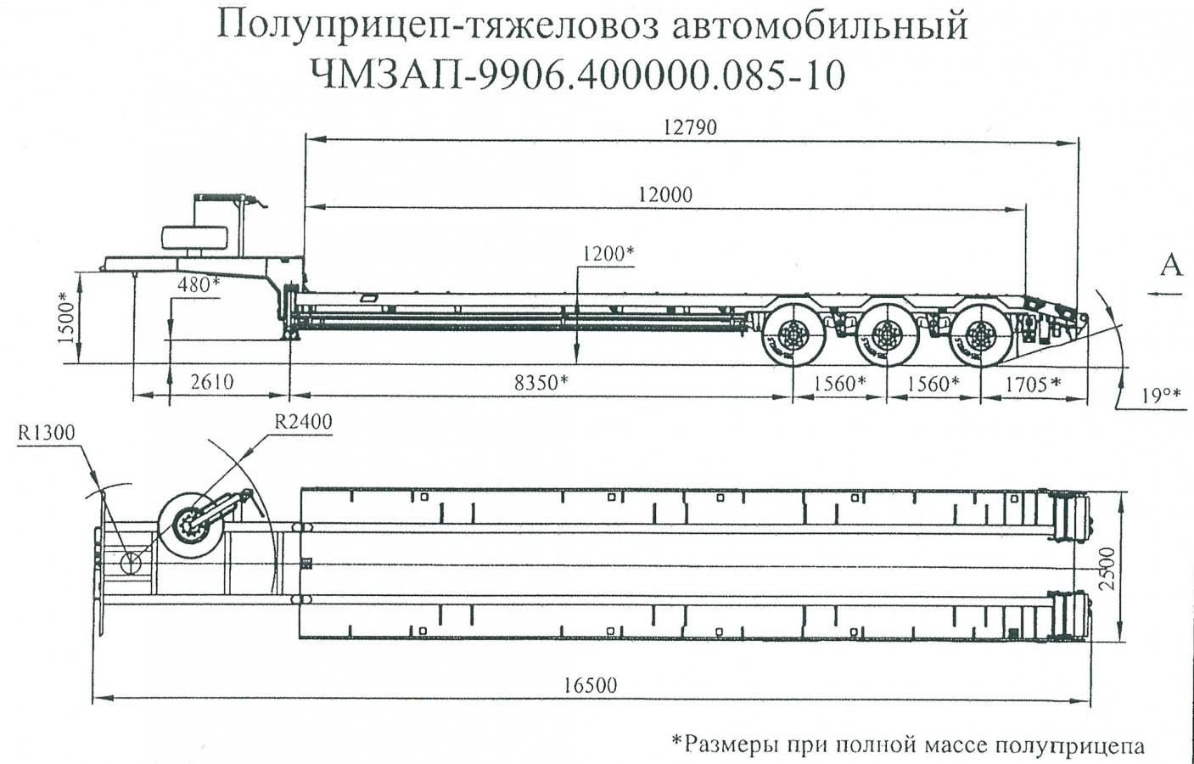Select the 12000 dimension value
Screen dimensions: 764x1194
(x=665, y=194)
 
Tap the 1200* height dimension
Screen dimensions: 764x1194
(x=608, y=254)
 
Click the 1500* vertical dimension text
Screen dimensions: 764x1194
(x=68, y=318)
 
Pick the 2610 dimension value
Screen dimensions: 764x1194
(x=211, y=381)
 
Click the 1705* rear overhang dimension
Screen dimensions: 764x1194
(x=1032, y=383)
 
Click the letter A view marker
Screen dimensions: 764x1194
(x=1170, y=266)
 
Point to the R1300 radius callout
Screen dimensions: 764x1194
(x=47, y=434)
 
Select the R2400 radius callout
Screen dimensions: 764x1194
(x=303, y=421)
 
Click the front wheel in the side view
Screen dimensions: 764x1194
(x=792, y=339)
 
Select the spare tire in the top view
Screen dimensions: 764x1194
(x=190, y=526)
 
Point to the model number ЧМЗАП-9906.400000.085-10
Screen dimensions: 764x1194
(x=579, y=75)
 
